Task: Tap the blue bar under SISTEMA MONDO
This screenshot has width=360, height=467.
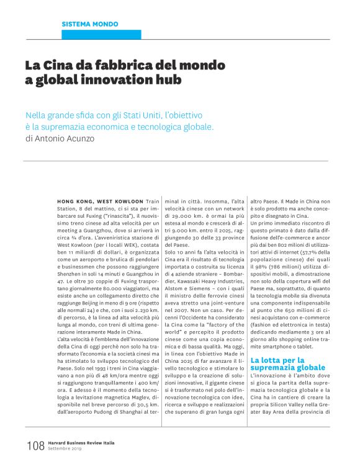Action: [x=102, y=35]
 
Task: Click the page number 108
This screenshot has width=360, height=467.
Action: [x=35, y=445]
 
